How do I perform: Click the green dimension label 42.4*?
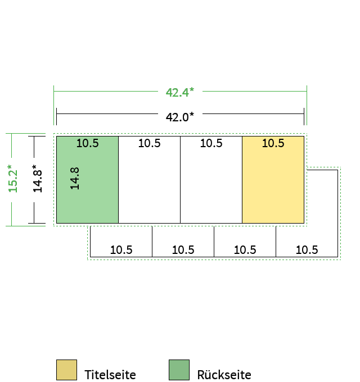[180, 92]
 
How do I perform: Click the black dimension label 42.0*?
[180, 117]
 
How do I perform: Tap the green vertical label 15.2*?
[13, 179]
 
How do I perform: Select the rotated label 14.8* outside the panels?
[37, 179]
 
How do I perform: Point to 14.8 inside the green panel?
[75, 179]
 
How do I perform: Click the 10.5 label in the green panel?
[88, 143]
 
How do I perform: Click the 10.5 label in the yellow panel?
[273, 143]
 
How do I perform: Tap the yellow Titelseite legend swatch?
[66, 370]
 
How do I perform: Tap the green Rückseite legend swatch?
[179, 370]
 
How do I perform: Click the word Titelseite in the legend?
[110, 375]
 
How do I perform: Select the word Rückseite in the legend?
[224, 375]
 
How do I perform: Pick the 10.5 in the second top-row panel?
[150, 143]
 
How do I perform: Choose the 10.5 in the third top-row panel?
[211, 143]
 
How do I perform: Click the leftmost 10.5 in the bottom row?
[121, 250]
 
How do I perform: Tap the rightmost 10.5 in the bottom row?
[307, 250]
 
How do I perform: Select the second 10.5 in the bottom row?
[183, 250]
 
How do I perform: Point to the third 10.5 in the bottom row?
[245, 250]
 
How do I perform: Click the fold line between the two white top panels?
[180, 180]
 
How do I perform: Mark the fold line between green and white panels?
[118, 180]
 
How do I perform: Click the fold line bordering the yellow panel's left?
[242, 180]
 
